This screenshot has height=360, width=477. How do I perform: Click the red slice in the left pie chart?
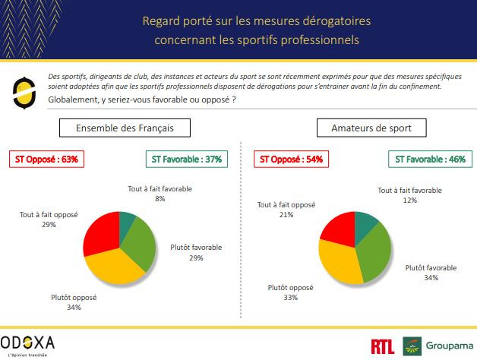click(x=102, y=231)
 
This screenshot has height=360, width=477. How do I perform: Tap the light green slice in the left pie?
click(x=141, y=242)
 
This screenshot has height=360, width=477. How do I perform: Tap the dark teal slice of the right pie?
click(x=367, y=222)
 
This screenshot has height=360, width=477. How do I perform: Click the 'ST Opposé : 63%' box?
click(x=46, y=159)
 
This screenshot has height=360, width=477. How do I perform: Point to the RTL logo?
click(x=383, y=346)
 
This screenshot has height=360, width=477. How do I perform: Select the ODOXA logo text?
click(x=27, y=342)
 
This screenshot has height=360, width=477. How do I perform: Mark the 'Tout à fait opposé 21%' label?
click(x=286, y=210)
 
